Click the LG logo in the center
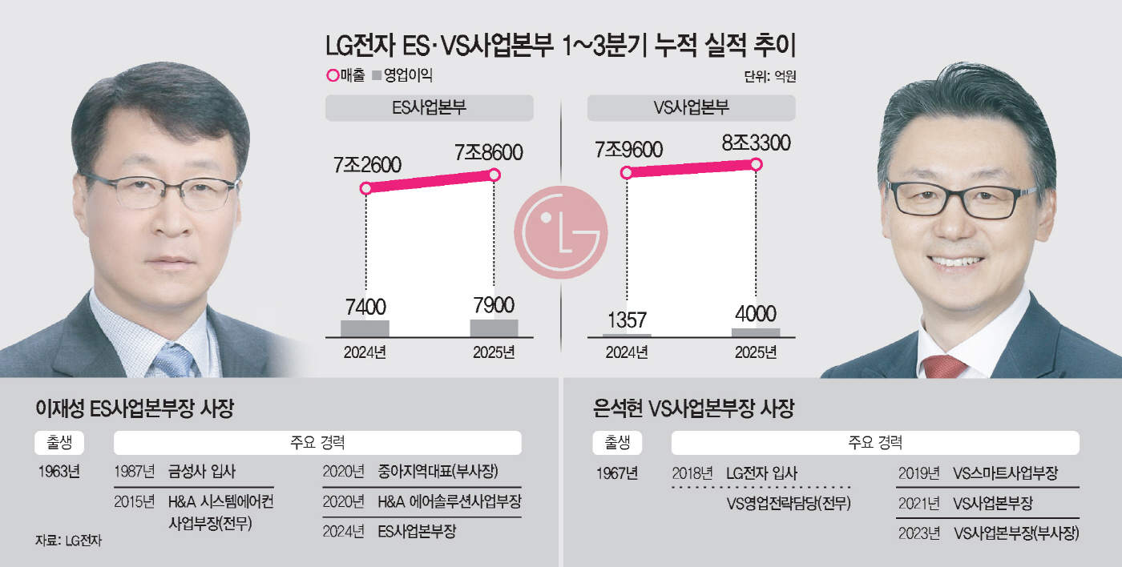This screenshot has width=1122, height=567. pos(561,229)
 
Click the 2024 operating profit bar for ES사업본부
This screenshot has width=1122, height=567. pos(365,328)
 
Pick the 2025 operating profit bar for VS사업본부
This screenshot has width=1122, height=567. pos(755,332)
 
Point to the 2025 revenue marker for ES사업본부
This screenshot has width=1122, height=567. pos(494,175)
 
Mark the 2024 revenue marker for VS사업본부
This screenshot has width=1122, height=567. pos(627,172)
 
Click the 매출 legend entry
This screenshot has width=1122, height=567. pos(346,76)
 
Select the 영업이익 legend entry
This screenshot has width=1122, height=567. pos(402,76)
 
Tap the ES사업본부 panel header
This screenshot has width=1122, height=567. pos(429,108)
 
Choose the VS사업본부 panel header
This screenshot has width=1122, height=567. pos(691,108)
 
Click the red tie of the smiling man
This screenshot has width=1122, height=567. pos(944,367)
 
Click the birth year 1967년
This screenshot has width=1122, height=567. pos(617,472)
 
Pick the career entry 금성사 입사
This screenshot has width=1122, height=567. pos(202,471)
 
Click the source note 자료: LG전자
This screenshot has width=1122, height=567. pos(68,541)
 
